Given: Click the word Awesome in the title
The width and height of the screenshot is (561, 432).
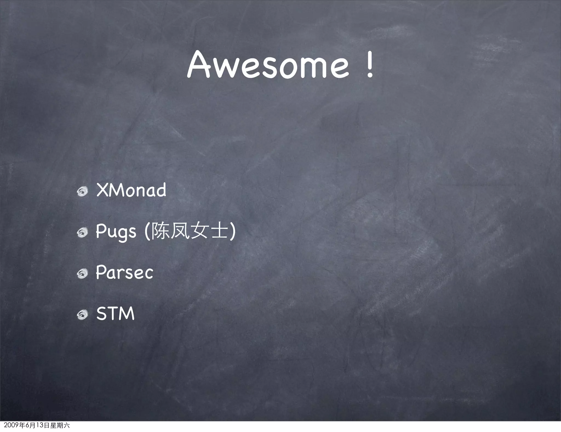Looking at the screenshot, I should [x=268, y=65].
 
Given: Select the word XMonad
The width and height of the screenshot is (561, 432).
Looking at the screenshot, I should [x=131, y=190].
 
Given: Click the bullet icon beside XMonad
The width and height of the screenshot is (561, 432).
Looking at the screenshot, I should [x=82, y=192].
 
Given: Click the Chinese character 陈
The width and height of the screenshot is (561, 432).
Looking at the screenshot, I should [x=160, y=231].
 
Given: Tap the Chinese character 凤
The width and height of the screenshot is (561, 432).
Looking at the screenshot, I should [x=179, y=231].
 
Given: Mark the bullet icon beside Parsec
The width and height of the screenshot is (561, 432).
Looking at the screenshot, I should [x=82, y=274].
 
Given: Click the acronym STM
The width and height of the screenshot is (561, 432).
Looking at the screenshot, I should [x=115, y=313].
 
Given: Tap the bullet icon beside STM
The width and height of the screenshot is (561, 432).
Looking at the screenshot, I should [x=82, y=315].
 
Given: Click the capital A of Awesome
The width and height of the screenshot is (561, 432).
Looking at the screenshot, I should [x=198, y=65].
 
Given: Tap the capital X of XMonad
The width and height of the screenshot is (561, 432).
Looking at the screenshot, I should [x=102, y=190].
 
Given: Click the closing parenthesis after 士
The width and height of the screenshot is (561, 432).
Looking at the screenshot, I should [x=233, y=232].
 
